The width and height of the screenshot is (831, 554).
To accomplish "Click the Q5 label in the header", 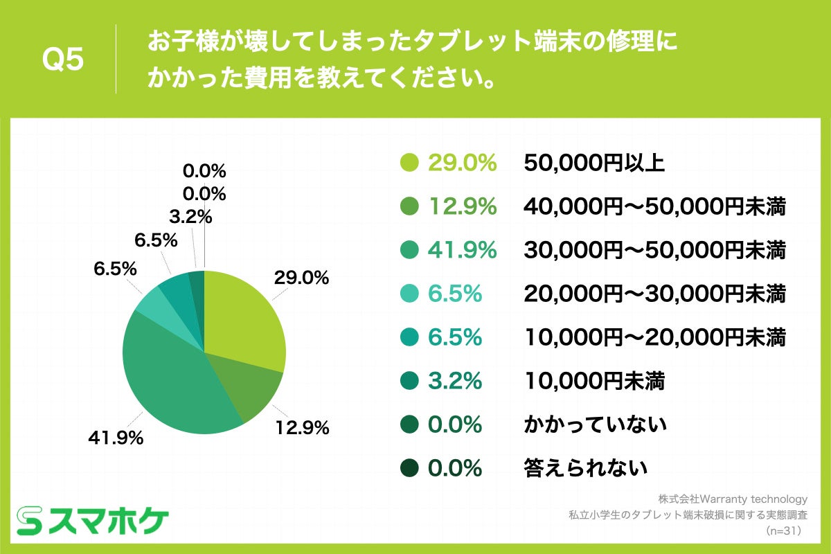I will [x=63, y=60].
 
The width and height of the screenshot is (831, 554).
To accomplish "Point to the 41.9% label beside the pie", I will [x=116, y=438].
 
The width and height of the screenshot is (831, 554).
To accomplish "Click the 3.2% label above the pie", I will [x=190, y=217].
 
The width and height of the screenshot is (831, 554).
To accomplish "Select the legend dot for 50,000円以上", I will [x=410, y=163].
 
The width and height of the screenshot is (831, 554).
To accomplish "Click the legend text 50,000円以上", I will [x=594, y=163].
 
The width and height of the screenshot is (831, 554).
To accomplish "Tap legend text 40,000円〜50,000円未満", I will [x=654, y=206].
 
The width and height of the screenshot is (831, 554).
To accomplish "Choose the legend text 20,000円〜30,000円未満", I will [x=654, y=294].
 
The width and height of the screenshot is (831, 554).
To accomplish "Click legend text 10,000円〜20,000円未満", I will [x=654, y=337].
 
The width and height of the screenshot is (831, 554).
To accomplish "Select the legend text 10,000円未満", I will [x=594, y=381].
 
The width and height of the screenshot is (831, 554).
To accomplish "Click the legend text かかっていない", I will [x=595, y=425].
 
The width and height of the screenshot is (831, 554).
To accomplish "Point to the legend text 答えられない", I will [x=586, y=468].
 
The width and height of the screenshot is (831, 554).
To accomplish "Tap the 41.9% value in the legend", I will [x=463, y=250].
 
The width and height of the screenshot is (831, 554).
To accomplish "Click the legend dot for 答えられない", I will [x=410, y=468].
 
